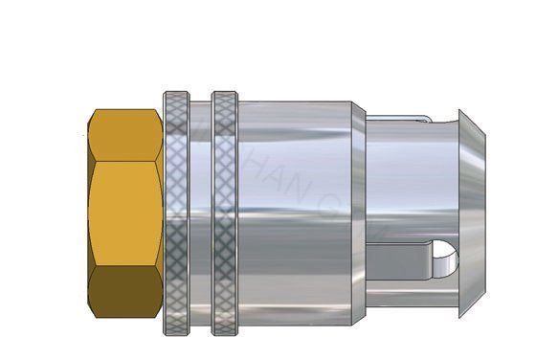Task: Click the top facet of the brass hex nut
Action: pyautogui.click(x=124, y=133)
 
